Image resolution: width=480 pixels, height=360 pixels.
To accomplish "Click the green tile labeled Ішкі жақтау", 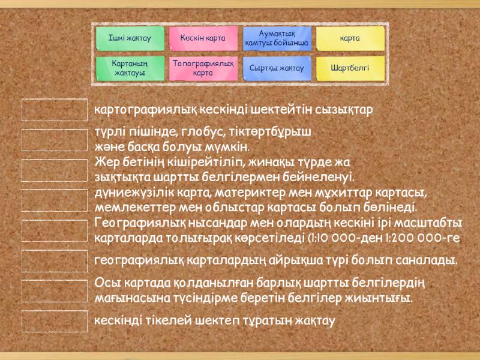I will pos(130,38).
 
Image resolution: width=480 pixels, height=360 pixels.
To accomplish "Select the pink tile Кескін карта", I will pos(203,38).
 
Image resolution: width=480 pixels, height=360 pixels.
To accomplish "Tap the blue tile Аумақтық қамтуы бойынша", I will pos(277,38).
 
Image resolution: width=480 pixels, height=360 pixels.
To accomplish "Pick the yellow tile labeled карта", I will pos(350,38).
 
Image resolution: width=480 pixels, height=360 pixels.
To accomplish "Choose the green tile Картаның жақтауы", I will pos(130,68).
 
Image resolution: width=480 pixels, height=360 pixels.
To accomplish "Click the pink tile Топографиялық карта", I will pos(203,68).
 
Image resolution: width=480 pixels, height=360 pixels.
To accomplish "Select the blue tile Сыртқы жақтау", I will pos(277,68).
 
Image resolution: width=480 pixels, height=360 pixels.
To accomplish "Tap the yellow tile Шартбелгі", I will pos(350,68).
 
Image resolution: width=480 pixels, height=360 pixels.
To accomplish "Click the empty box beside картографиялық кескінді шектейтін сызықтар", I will pos(55,110).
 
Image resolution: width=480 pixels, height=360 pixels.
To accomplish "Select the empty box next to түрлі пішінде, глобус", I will pos(55,140).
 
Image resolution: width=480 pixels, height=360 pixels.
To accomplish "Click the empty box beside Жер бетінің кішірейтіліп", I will pos(55,170).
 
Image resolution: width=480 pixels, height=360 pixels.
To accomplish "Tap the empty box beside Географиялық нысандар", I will pos(55,230).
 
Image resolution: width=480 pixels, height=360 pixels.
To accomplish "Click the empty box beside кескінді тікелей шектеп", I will pos(55,321).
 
